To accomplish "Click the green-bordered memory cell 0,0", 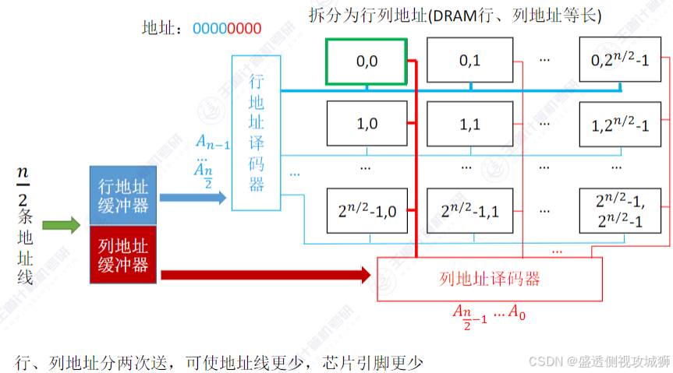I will pyautogui.click(x=367, y=61).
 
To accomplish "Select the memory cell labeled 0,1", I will pyautogui.click(x=469, y=61).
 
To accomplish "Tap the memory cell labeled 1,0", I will pyautogui.click(x=367, y=124).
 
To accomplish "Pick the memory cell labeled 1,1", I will pyautogui.click(x=469, y=124).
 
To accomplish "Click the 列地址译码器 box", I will pyautogui.click(x=490, y=279).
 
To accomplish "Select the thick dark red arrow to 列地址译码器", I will pyautogui.click(x=265, y=274).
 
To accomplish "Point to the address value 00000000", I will pyautogui.click(x=227, y=28).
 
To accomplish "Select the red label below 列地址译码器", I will pyautogui.click(x=489, y=314).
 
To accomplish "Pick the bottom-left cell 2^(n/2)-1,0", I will pyautogui.click(x=367, y=209).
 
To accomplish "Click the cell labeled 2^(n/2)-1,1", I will pyautogui.click(x=469, y=209).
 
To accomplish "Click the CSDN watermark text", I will pyautogui.click(x=598, y=361).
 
